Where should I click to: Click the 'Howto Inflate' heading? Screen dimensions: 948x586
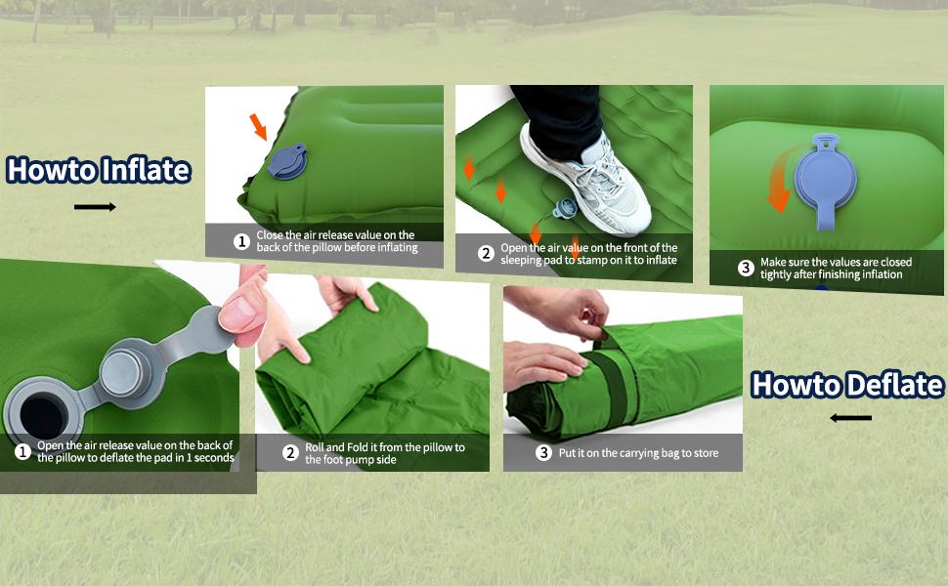[99, 170]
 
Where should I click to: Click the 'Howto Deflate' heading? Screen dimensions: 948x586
[846, 385]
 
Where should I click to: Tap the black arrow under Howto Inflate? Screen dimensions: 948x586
[95, 207]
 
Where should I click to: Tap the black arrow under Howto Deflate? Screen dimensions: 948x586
[850, 417]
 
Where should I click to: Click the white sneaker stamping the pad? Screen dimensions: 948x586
[586, 182]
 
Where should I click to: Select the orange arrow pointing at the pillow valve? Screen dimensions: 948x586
[258, 126]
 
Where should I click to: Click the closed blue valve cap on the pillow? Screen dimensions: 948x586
[287, 161]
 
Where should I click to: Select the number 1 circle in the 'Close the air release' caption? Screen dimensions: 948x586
[241, 241]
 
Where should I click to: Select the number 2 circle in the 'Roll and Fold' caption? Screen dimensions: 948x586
[291, 453]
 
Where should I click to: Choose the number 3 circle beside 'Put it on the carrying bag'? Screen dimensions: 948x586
[543, 452]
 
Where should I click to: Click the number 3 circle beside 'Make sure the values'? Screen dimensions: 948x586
[746, 268]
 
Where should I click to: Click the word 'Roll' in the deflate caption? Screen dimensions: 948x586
[315, 447]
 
